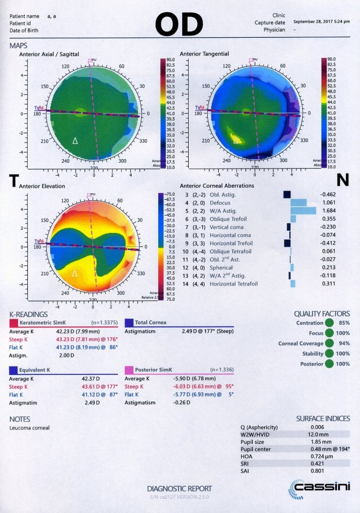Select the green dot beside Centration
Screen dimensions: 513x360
(x=329, y=323)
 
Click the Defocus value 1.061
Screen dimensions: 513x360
(x=330, y=202)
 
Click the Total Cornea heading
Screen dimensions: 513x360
(x=151, y=323)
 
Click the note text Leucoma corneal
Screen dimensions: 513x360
(x=29, y=427)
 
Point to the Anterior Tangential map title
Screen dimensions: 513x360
(x=205, y=53)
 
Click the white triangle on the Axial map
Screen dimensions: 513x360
(x=76, y=141)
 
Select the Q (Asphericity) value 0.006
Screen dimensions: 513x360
(x=281, y=427)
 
